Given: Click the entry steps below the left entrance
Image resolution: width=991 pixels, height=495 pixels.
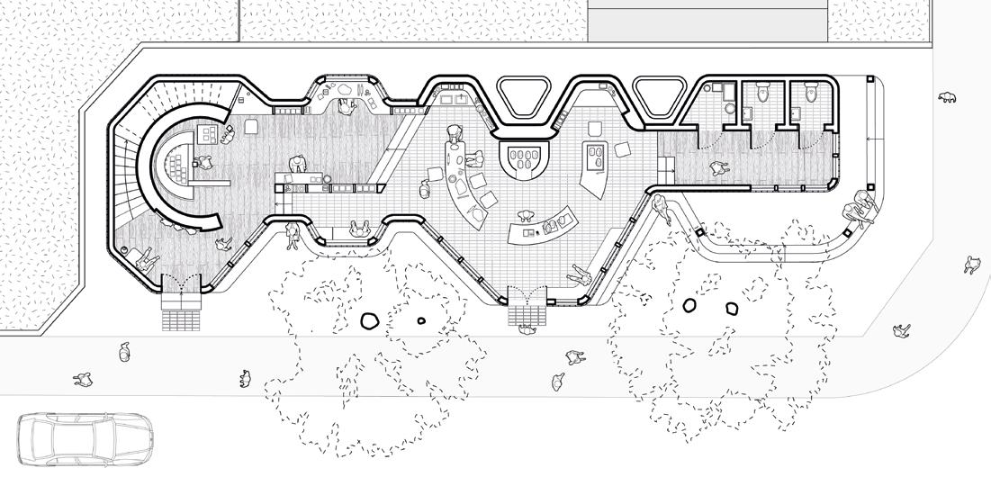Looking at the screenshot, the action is [185, 319].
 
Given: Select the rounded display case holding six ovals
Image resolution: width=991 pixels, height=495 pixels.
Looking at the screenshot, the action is [523, 160].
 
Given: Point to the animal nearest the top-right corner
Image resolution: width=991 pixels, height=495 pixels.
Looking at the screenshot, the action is [947, 96].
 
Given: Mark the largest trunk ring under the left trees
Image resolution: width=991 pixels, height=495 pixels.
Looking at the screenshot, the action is [370, 319].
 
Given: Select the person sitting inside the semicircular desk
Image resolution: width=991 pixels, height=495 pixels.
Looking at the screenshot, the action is [203, 165].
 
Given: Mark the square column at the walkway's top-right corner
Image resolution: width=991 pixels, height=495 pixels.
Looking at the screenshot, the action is [870, 80].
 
